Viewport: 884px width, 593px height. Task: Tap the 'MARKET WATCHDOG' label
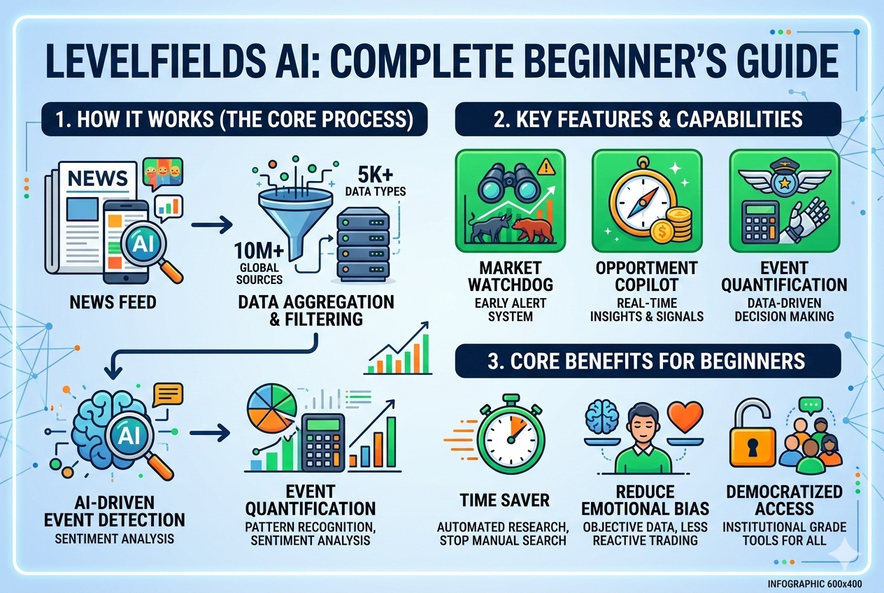[x=511, y=277]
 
